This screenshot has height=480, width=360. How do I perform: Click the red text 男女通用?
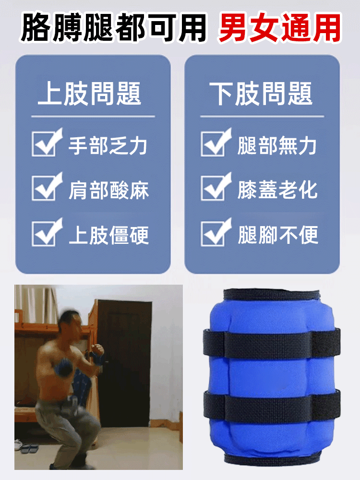click(x=279, y=27)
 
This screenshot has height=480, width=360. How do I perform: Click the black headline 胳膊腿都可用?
click(x=114, y=27)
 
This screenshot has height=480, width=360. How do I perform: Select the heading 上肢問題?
click(x=90, y=93)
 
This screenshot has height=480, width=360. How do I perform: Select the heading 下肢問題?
click(x=262, y=93)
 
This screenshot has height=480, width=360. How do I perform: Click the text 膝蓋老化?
click(x=277, y=190)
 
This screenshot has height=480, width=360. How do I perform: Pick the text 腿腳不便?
click(x=277, y=235)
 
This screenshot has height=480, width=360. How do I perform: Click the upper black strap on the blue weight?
click(x=271, y=344)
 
